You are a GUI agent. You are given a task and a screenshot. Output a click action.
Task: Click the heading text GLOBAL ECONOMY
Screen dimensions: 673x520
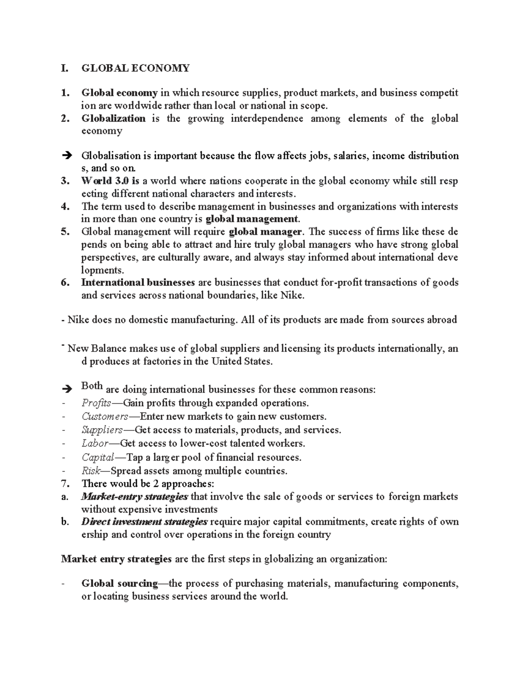click(x=135, y=68)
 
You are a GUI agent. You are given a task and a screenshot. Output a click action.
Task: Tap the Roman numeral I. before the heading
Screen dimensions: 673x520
click(x=65, y=68)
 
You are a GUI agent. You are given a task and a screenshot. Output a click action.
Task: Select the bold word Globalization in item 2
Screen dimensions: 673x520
click(x=113, y=119)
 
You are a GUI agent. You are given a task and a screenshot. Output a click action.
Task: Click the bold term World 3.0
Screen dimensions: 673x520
click(x=106, y=181)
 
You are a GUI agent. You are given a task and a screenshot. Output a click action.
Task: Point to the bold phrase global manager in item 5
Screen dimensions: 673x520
click(x=265, y=232)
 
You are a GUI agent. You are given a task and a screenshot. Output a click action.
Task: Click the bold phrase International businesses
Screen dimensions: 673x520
click(x=138, y=283)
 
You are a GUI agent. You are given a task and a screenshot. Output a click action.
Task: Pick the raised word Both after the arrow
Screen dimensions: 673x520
click(x=92, y=386)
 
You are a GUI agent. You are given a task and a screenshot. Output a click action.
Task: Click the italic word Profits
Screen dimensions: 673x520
click(x=96, y=403)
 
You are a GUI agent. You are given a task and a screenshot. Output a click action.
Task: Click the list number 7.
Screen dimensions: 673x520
click(x=65, y=483)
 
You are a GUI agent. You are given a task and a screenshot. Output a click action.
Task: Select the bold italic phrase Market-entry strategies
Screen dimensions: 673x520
click(x=134, y=497)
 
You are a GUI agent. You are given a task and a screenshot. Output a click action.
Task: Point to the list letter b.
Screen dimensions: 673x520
click(x=65, y=522)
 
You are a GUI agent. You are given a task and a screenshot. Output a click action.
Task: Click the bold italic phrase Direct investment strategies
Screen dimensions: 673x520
click(x=144, y=522)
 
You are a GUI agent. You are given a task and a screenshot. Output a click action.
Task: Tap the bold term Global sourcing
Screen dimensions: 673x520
click(x=120, y=584)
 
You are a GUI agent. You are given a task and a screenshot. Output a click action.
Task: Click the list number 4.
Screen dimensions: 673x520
click(x=65, y=207)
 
